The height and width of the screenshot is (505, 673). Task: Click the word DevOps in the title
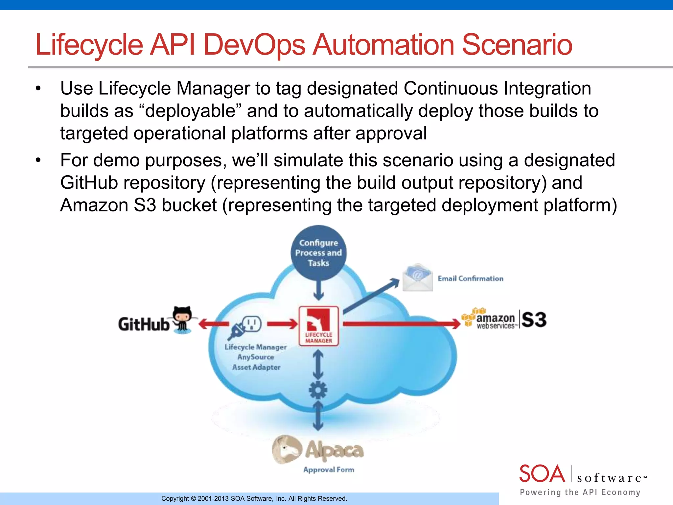(254, 45)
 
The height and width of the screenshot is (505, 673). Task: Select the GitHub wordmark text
(144, 324)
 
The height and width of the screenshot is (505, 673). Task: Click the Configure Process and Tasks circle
(318, 252)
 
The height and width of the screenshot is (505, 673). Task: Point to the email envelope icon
(417, 277)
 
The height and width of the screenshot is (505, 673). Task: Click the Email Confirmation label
(470, 278)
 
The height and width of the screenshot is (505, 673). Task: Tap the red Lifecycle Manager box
(318, 325)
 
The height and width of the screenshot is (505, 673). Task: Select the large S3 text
(534, 320)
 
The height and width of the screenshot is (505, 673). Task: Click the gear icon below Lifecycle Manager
(318, 390)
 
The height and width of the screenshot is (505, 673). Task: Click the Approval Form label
(329, 469)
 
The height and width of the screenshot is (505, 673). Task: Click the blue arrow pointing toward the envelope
(371, 296)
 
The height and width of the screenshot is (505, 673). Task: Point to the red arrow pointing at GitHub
(214, 324)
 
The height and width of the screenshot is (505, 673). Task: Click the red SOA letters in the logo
(542, 473)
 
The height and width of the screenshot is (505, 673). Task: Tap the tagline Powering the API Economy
(580, 492)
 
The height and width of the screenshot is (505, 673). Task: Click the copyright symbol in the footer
(193, 498)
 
